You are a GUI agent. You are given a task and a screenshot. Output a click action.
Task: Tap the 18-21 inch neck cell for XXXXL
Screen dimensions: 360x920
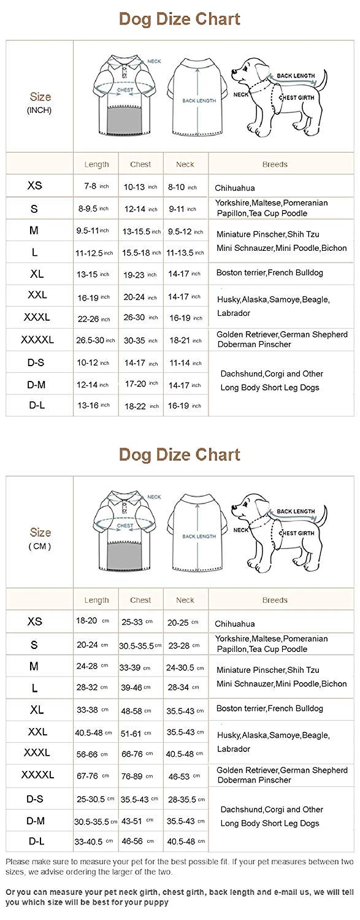[x=185, y=339]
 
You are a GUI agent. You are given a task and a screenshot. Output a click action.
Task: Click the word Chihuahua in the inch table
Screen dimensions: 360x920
[x=235, y=188]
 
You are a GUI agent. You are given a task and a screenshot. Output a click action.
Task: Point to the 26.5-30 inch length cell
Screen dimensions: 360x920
[x=95, y=339]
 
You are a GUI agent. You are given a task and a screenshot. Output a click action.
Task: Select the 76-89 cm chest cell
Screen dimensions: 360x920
[x=140, y=776]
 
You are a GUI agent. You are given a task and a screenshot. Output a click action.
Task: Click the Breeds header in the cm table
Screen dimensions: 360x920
[x=275, y=600]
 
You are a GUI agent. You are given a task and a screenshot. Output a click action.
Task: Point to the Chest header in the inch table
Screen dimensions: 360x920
[x=140, y=164]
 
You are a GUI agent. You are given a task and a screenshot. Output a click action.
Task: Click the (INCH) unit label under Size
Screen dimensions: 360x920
[x=39, y=110]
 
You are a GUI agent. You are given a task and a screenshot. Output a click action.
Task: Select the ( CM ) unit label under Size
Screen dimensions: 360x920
[x=39, y=546]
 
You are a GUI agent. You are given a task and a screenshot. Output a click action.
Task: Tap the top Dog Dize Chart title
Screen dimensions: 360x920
[x=180, y=19]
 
